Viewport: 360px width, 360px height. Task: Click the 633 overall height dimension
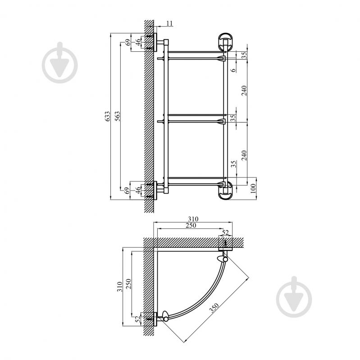[107, 116]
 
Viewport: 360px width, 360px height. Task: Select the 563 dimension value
[117, 116]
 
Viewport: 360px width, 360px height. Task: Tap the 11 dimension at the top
[169, 23]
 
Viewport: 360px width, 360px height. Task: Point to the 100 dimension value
[253, 188]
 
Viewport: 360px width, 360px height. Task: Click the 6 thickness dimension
[233, 70]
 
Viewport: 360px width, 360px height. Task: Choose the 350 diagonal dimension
[214, 308]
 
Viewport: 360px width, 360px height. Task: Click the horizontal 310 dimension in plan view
[193, 219]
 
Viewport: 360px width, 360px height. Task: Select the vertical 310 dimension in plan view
[119, 287]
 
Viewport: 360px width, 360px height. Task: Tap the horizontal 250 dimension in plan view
[191, 225]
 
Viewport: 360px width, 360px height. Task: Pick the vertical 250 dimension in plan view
[129, 283]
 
